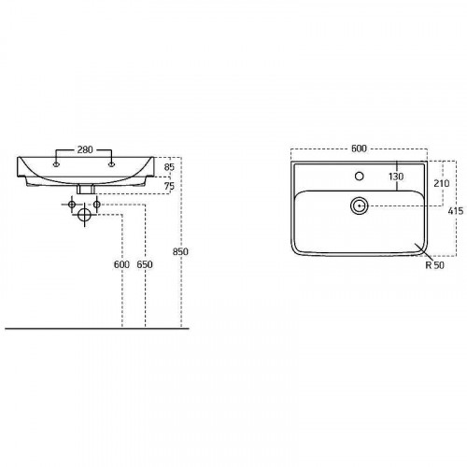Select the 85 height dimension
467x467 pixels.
[x=168, y=169]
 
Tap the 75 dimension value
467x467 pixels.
[x=168, y=187]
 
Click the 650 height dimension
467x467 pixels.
[x=144, y=265]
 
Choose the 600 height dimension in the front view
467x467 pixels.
[x=121, y=265]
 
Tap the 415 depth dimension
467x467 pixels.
[x=453, y=212]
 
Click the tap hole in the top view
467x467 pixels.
[x=359, y=175]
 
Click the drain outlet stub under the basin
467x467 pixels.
[x=86, y=190]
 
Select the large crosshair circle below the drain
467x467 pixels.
[x=86, y=215]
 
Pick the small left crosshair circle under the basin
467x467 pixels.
[x=74, y=204]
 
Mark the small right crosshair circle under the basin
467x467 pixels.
[x=97, y=204]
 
